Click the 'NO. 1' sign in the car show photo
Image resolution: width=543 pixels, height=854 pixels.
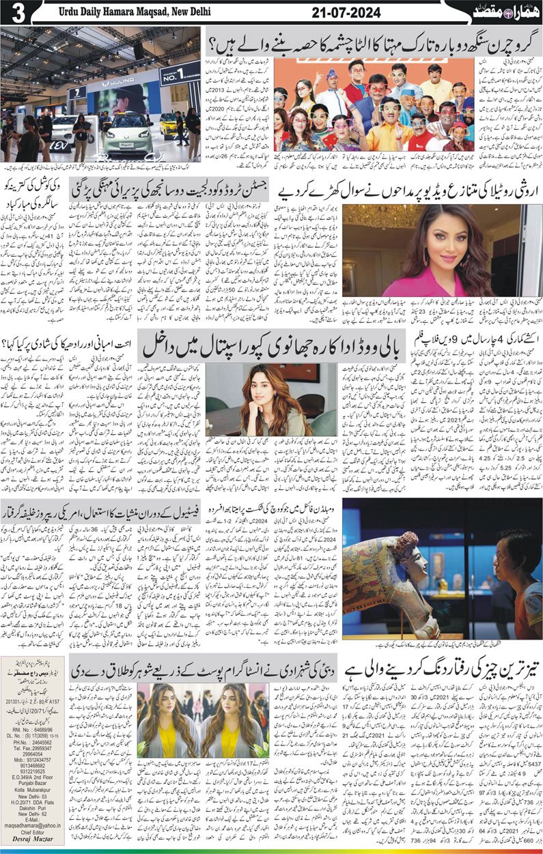coord(180,72)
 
